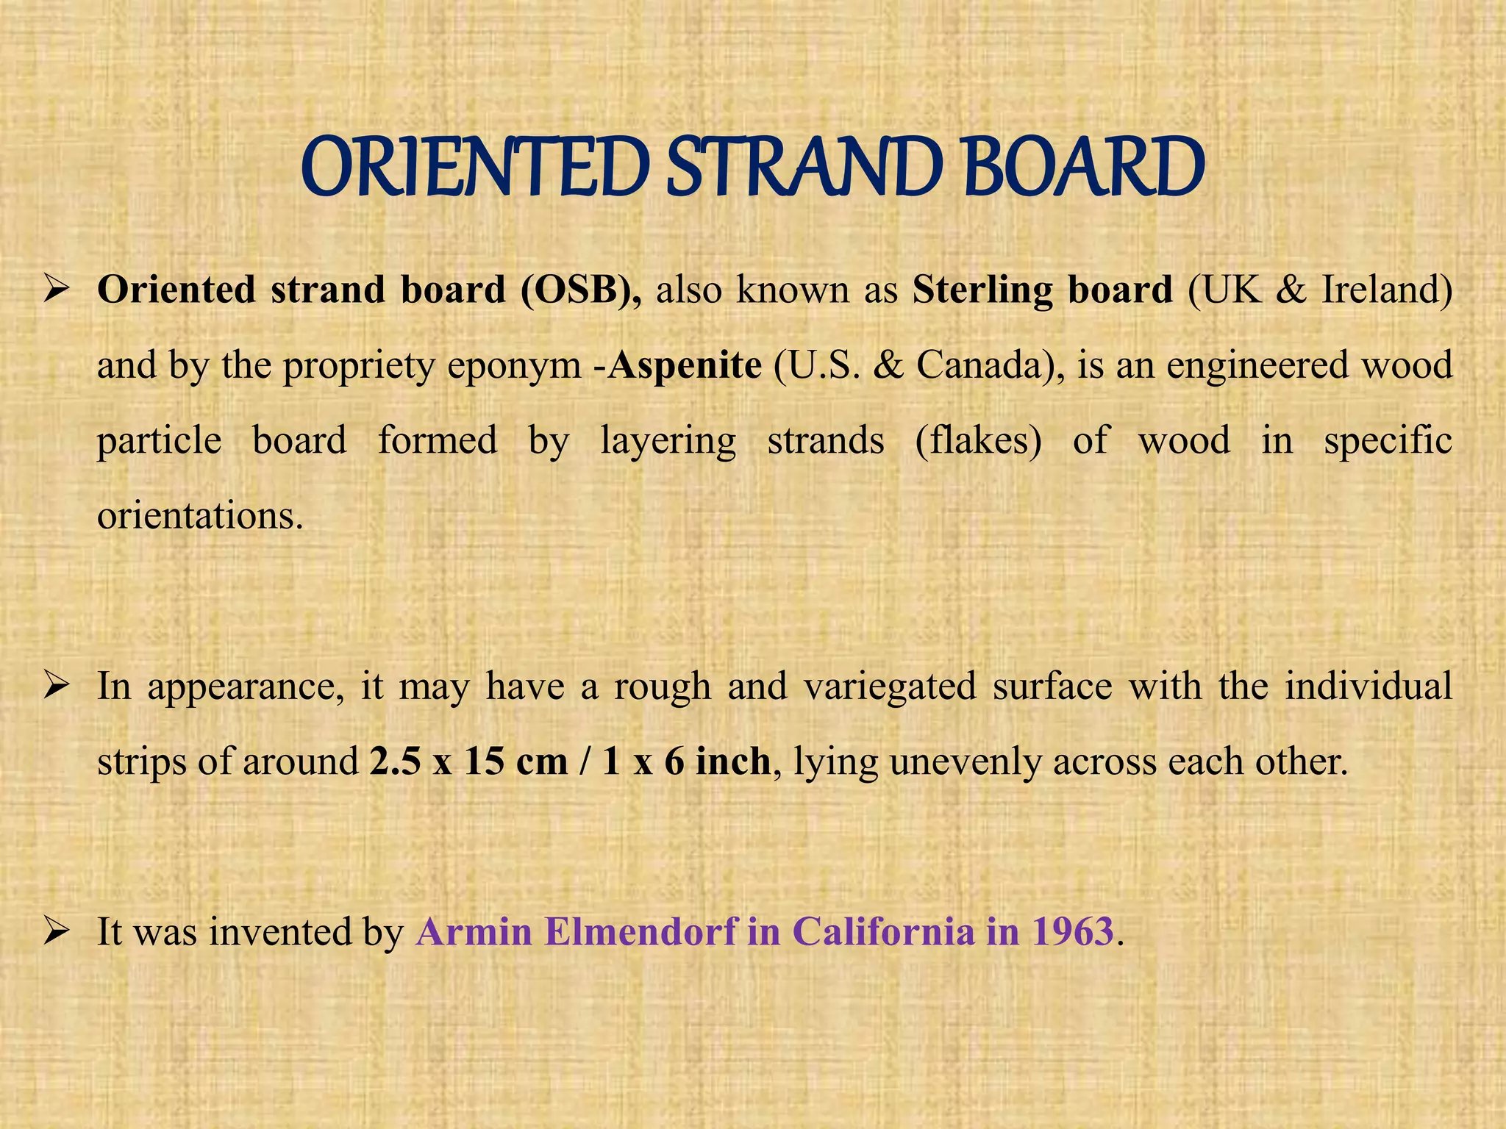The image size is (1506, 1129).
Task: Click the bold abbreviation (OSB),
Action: [x=581, y=290]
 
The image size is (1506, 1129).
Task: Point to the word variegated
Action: [x=890, y=687]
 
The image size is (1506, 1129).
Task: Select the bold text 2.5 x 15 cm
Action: [x=469, y=762]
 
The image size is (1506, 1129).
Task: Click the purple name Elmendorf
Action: [x=640, y=932]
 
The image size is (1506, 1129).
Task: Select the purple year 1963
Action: [x=1072, y=932]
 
